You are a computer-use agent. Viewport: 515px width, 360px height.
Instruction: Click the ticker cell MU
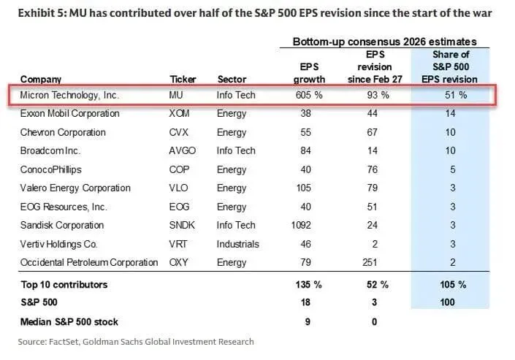(x=177, y=95)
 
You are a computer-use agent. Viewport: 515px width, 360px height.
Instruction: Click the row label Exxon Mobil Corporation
(x=70, y=114)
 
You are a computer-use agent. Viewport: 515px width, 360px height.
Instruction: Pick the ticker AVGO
(x=182, y=150)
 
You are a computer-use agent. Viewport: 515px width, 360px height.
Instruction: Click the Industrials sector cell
(x=239, y=244)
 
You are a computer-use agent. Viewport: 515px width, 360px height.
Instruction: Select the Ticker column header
(x=183, y=79)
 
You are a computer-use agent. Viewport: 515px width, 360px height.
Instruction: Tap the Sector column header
(x=232, y=79)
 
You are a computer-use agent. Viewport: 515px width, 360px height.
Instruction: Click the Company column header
(x=41, y=79)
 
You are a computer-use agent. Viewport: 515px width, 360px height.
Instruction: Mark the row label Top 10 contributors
(x=64, y=284)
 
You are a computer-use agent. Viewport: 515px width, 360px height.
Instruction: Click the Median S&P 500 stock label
(x=69, y=322)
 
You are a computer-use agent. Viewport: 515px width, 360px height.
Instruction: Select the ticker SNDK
(x=183, y=225)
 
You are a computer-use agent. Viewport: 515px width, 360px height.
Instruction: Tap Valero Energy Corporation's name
(x=75, y=188)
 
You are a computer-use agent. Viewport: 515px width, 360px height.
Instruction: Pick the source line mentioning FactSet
(x=136, y=341)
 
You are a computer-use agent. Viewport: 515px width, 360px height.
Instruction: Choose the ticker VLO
(x=179, y=188)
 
